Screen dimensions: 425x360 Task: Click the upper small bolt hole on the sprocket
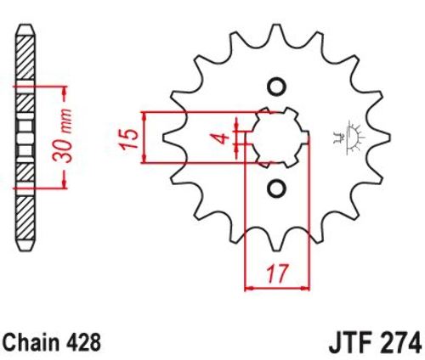tap(276, 87)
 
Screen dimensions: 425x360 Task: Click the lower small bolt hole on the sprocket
tap(276, 188)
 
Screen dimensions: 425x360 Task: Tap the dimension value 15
tap(130, 139)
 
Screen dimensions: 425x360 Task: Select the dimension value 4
tap(223, 138)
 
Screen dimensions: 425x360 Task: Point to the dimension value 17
tap(277, 273)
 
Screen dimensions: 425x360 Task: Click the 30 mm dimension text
tap(62, 135)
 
